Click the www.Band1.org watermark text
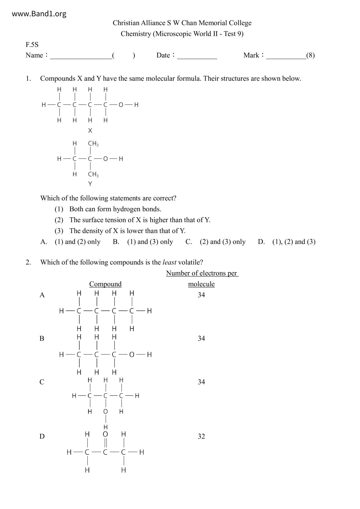point(39,14)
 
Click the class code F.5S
point(32,45)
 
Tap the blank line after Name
point(81,56)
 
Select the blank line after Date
point(197,56)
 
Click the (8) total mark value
point(310,55)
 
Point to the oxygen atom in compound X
point(121,105)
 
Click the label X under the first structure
point(90,131)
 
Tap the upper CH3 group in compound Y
point(93,143)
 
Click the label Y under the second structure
point(90,184)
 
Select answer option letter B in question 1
point(116,242)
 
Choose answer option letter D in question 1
point(261,242)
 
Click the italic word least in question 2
point(169,262)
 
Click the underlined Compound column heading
point(105,284)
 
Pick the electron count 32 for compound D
point(201,436)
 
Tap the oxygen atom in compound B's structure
point(132,354)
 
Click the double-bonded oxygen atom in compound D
point(105,434)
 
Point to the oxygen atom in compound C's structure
point(105,411)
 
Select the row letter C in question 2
point(42,382)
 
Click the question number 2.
point(28,262)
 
